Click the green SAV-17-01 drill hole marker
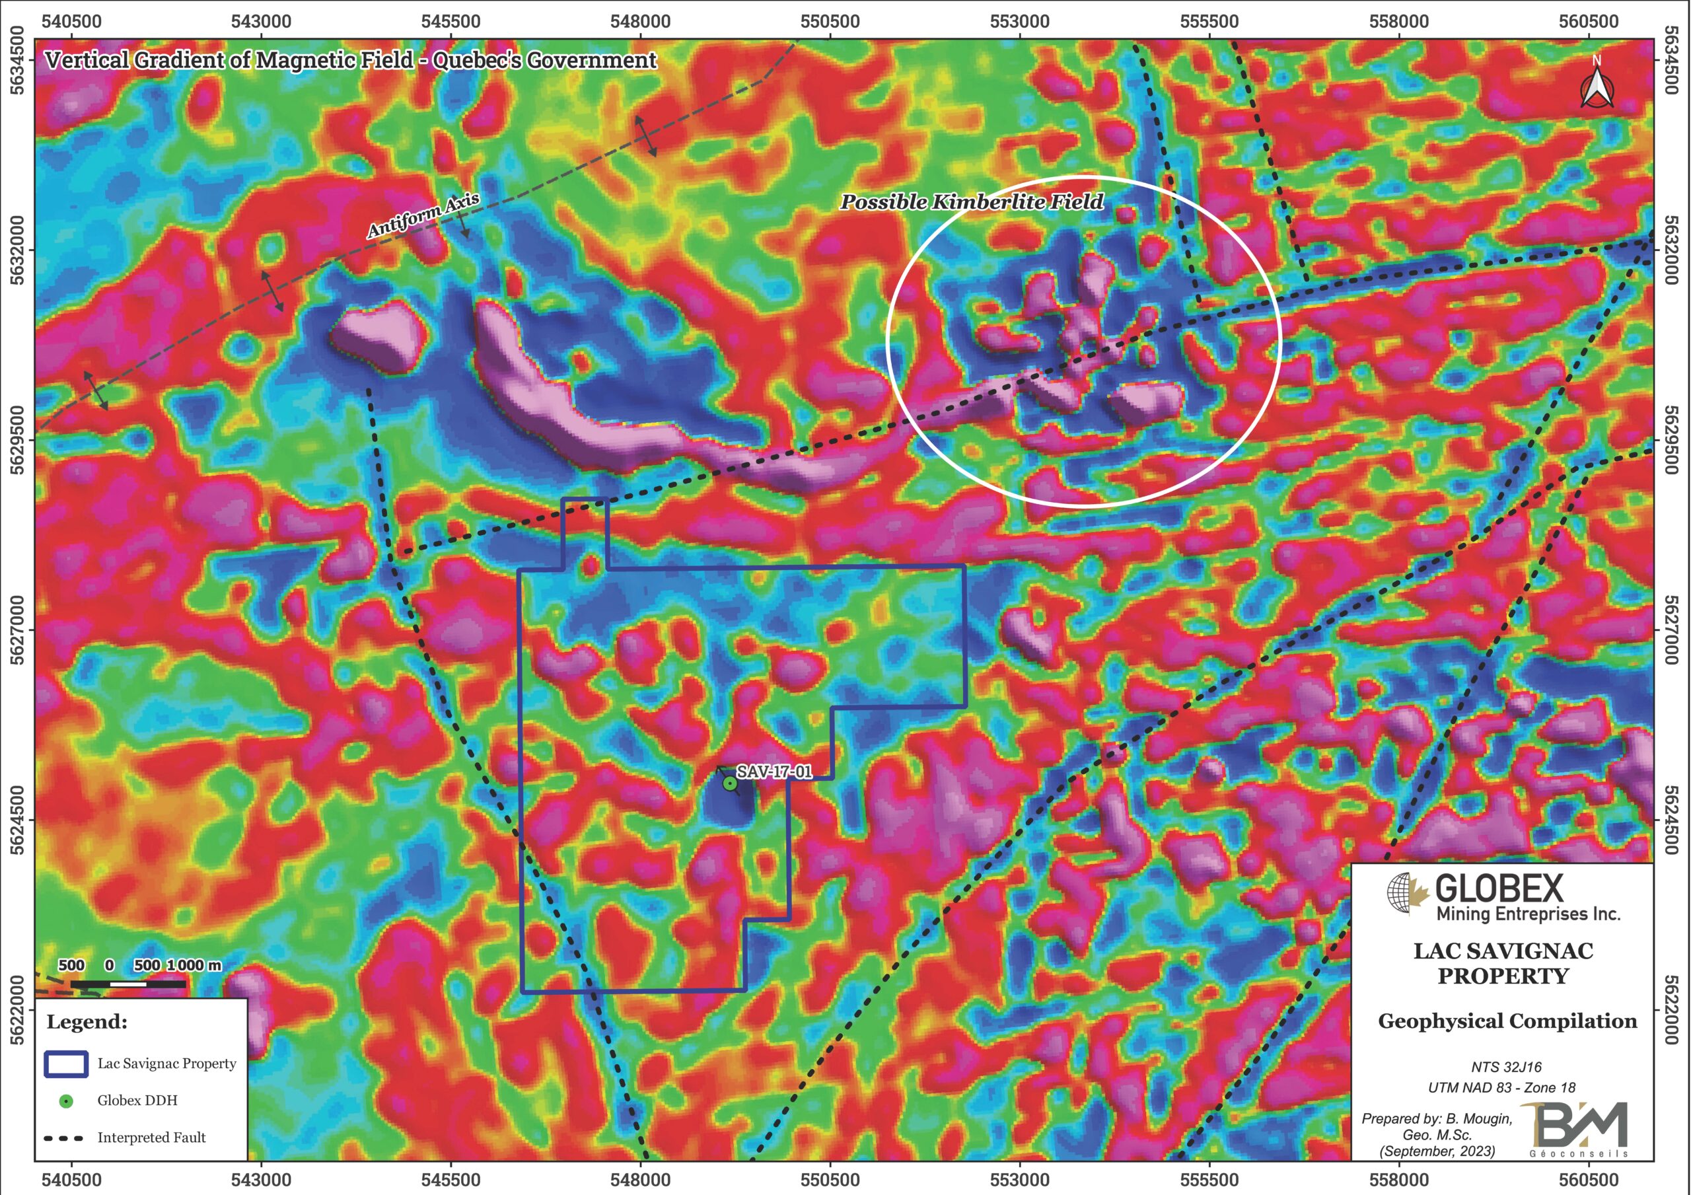pos(729,784)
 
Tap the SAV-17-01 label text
pos(774,772)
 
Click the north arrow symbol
pos(1596,85)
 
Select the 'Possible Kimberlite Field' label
pos(972,202)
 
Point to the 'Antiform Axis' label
pos(423,215)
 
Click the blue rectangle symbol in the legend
pos(66,1064)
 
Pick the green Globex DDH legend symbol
pos(66,1101)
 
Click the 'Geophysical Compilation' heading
pos(1507,1021)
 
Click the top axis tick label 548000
pos(640,21)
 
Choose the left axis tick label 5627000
pos(18,631)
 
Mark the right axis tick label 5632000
pos(1671,250)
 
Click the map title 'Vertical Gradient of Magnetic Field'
pos(229,60)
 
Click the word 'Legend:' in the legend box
pos(87,1023)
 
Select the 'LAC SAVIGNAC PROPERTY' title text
pos(1503,964)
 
